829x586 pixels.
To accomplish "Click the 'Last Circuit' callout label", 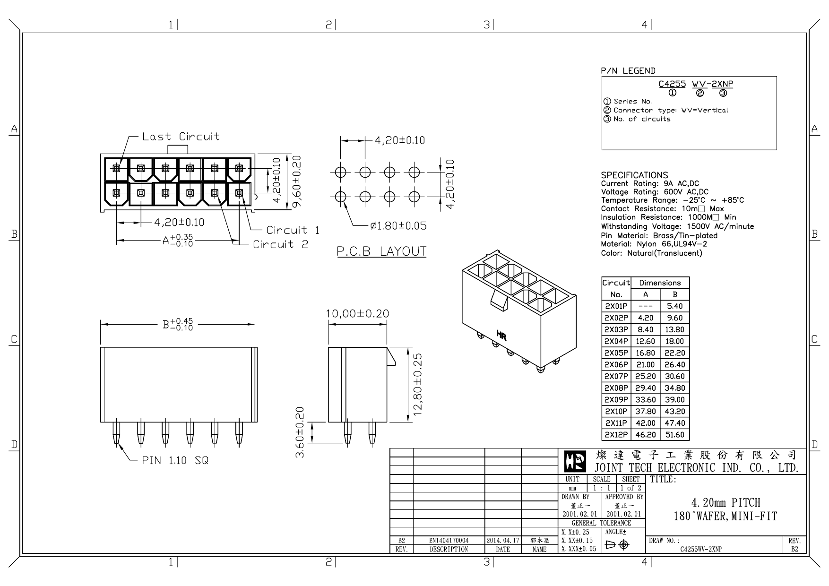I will click(x=181, y=137).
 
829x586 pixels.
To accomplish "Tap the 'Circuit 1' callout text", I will click(x=293, y=230).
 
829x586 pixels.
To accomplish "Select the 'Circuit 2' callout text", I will click(x=280, y=244).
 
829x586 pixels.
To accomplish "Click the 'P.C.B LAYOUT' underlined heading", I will click(x=381, y=251).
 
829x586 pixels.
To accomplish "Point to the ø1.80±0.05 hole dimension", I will click(x=398, y=226).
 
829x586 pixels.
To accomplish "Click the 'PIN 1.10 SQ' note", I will click(x=175, y=460).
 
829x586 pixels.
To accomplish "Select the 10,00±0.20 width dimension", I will click(x=357, y=314).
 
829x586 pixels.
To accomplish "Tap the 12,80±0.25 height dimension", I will click(x=418, y=384).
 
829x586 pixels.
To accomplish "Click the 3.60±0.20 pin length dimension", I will click(x=300, y=432).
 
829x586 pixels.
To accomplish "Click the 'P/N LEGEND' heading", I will click(x=628, y=71).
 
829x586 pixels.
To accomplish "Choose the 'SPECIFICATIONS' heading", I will click(x=634, y=175).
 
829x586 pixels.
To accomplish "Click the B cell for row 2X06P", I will click(x=674, y=365).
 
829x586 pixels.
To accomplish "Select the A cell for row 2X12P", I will click(x=645, y=435).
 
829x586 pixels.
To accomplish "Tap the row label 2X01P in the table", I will click(x=616, y=306).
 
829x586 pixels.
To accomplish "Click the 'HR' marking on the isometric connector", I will click(x=501, y=336).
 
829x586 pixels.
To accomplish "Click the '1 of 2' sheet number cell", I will click(x=630, y=488).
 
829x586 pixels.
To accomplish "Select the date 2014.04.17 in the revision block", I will click(x=503, y=540).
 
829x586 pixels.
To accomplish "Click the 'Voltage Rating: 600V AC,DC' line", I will click(x=655, y=192).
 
